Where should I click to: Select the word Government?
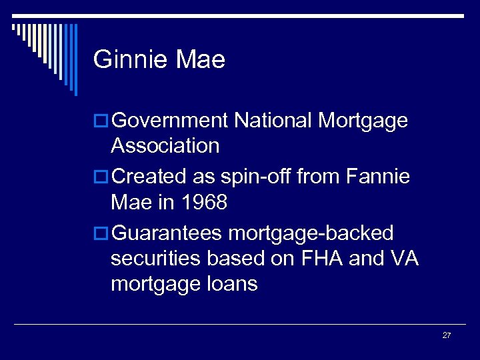pos(171,121)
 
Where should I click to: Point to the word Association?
pos(165,145)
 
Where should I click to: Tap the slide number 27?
pos(446,335)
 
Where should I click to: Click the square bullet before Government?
pos(101,121)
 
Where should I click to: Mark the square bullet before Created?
pos(101,177)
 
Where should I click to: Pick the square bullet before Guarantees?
pos(101,233)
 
